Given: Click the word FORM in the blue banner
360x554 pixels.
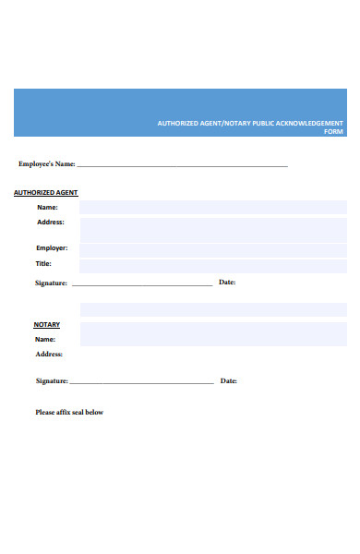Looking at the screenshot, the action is (x=333, y=131).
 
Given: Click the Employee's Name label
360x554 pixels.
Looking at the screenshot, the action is (x=46, y=164).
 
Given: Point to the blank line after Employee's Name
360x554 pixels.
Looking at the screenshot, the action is (x=182, y=165).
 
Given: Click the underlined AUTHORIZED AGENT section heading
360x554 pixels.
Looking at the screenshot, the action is (x=45, y=193).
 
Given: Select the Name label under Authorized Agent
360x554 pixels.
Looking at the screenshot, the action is (x=47, y=208).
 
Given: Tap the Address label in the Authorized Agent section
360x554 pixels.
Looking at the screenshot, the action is (x=50, y=223).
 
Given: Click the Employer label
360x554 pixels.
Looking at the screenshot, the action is (x=52, y=248).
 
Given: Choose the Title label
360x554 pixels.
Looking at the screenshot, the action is (x=44, y=264).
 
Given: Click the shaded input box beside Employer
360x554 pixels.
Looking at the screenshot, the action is (x=213, y=248).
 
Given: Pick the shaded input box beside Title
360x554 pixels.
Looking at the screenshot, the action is (x=213, y=265).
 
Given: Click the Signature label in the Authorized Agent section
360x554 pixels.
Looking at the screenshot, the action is (x=51, y=283).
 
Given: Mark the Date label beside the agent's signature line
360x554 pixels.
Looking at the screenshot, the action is (x=227, y=282).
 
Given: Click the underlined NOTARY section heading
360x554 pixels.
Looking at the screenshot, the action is (x=47, y=325).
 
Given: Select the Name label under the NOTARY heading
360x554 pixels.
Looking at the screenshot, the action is (x=45, y=340).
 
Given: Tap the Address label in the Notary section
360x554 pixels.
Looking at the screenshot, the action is (x=49, y=354).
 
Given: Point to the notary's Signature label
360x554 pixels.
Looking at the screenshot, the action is (x=52, y=380).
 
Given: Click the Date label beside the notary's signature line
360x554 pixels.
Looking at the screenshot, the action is (x=228, y=380).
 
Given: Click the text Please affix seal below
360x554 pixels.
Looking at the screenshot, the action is (x=69, y=412).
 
